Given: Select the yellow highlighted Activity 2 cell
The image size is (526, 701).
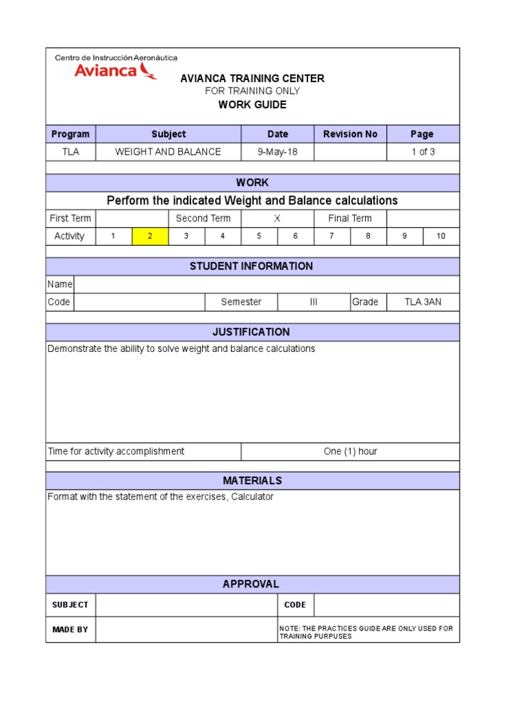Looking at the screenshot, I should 150,236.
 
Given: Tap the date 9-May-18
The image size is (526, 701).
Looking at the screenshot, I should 277,152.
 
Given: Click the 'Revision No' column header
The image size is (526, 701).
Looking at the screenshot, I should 350,134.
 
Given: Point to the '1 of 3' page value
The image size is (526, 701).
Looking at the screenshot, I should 423,152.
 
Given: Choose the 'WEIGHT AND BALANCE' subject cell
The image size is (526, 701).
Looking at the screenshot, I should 168,152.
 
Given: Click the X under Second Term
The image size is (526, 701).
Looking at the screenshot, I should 277,218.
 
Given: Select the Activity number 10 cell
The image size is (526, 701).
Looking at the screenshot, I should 440,236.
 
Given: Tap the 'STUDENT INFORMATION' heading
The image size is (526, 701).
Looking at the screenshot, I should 251,266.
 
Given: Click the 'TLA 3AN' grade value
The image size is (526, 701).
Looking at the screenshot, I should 423,302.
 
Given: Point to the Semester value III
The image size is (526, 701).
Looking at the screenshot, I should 314,302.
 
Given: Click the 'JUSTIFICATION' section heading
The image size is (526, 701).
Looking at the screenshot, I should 251,332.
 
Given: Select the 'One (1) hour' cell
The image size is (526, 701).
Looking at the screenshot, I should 350,451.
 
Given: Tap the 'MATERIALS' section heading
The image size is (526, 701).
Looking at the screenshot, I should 252,481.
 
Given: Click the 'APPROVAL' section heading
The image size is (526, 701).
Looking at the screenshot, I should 251,584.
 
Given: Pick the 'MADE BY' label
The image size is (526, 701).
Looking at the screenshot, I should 71,629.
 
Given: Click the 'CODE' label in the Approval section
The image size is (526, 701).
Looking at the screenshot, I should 295,604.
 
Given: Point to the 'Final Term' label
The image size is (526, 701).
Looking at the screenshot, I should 350,218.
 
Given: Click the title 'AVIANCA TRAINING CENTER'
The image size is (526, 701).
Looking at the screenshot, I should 252,79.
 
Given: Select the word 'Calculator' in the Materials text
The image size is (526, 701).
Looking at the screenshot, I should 253,496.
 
